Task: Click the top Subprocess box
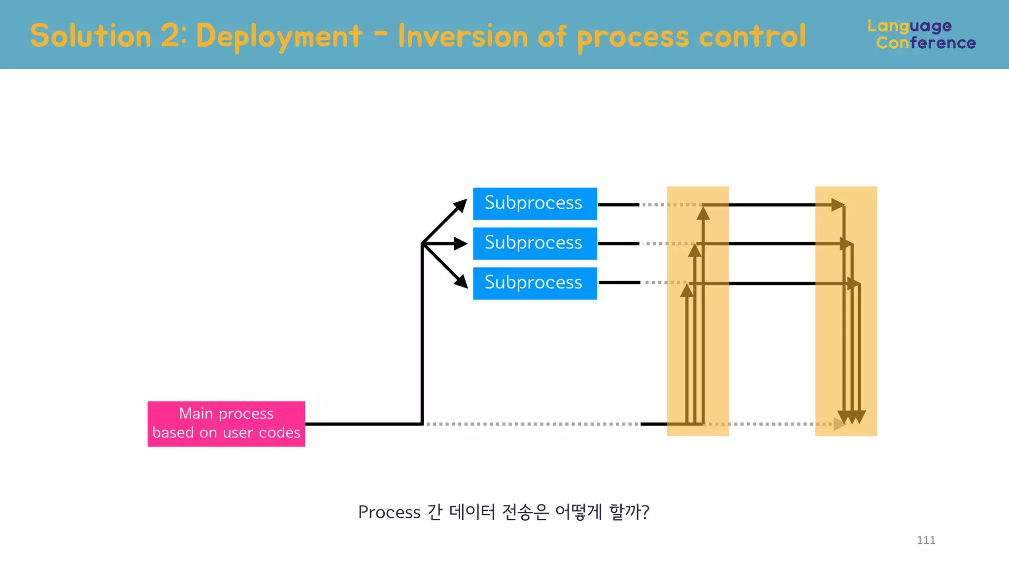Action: [x=535, y=203]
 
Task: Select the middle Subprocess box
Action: [x=535, y=243]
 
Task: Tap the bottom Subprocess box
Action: [x=535, y=283]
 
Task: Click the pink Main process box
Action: [x=226, y=424]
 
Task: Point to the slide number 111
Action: [x=926, y=540]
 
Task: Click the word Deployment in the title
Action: [x=279, y=36]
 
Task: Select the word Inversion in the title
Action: [x=463, y=36]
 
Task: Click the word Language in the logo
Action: [x=909, y=26]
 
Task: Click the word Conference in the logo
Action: [x=926, y=43]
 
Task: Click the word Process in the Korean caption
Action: [x=389, y=512]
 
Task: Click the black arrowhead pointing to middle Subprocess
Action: [x=461, y=243]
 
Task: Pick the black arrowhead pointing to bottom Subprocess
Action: [x=462, y=282]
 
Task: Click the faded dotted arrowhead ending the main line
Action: [x=839, y=424]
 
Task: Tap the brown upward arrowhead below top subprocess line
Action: [x=703, y=214]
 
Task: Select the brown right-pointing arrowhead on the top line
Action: [x=838, y=205]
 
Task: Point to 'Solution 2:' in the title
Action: [x=108, y=36]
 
